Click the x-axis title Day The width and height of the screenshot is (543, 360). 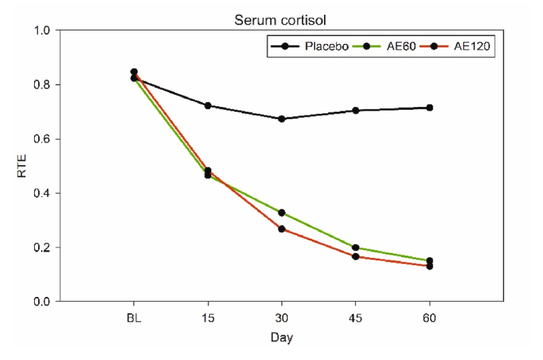(281, 338)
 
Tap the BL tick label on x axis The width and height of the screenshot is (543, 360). (133, 318)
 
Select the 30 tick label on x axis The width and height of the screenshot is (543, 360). (281, 318)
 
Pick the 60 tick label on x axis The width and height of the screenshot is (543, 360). (430, 318)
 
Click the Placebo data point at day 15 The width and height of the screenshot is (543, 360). (208, 106)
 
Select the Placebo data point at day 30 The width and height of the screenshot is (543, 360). (281, 119)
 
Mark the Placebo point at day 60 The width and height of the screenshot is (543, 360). (430, 108)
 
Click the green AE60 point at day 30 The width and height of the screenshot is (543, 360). (281, 213)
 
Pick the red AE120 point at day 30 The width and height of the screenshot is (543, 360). (281, 229)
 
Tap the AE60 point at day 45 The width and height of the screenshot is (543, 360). (356, 248)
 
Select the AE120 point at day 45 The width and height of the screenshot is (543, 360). (356, 257)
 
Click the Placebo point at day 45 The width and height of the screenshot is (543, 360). (356, 111)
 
